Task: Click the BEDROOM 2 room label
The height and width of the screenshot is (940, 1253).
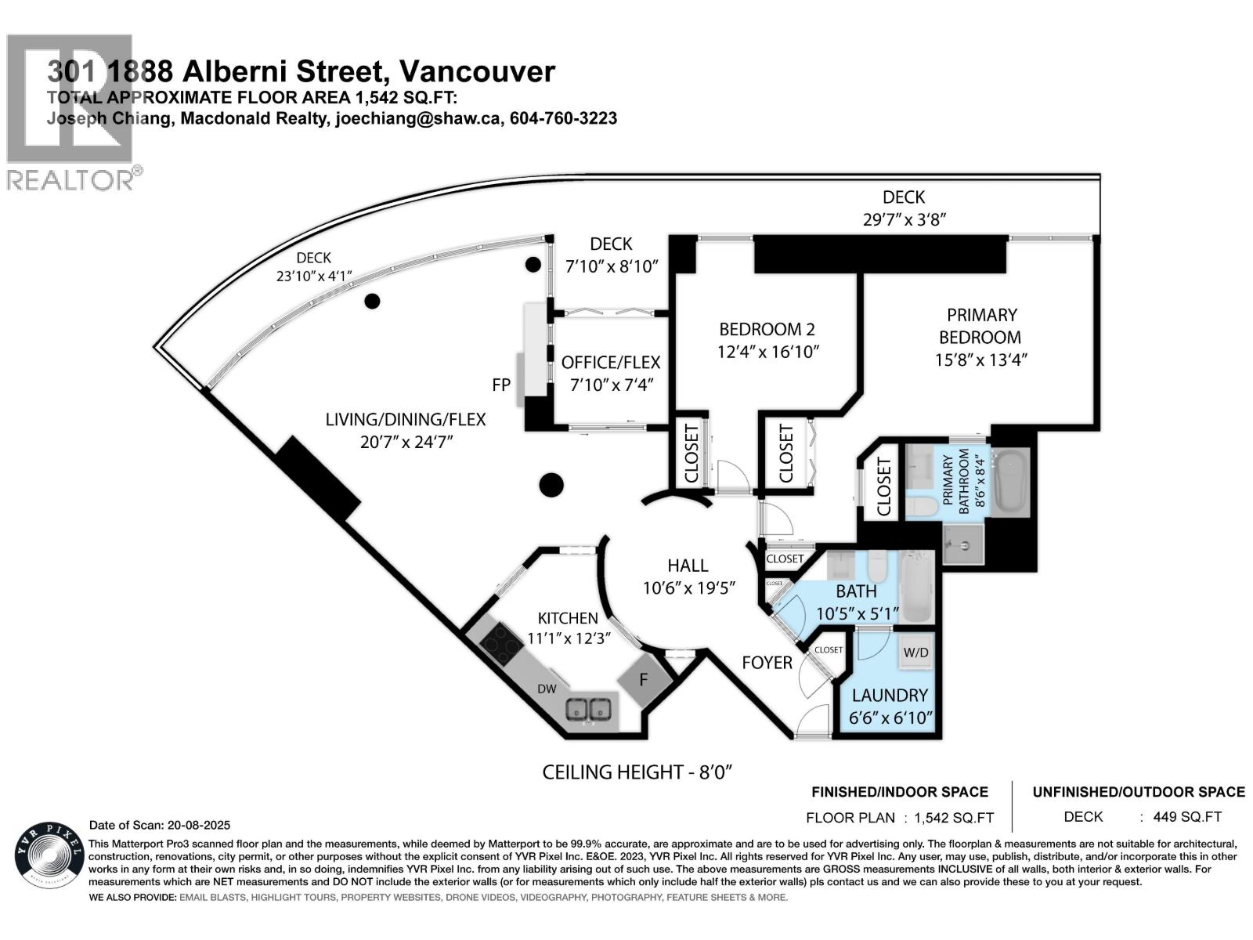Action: click(x=760, y=329)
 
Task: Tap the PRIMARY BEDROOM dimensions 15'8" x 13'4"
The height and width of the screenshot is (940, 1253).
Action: click(x=980, y=360)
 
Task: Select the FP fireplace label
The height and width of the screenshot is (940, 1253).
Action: click(x=501, y=385)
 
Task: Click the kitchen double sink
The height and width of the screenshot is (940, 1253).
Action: click(x=589, y=710)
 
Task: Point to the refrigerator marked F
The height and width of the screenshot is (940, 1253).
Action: click(x=644, y=679)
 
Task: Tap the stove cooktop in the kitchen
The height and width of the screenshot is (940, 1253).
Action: click(x=501, y=645)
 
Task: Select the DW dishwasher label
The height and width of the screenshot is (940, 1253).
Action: click(x=546, y=689)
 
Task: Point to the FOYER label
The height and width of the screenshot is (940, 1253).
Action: click(x=767, y=663)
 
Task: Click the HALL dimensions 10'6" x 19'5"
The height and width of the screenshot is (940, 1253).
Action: click(x=688, y=587)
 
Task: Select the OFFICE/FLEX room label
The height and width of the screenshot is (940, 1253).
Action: click(x=611, y=363)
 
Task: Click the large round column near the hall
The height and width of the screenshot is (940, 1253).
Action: click(x=551, y=485)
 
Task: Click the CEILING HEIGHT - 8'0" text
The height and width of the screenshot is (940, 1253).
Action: click(x=637, y=772)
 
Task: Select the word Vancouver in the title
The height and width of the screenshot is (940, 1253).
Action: click(x=476, y=72)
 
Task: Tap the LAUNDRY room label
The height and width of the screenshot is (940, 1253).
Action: click(x=890, y=695)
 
